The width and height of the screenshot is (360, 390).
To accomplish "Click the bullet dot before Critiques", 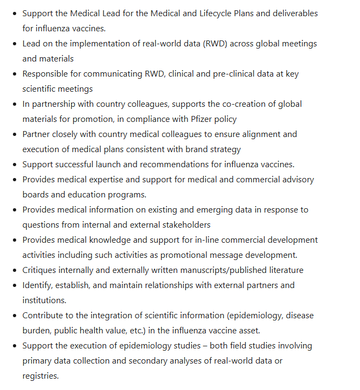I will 14,270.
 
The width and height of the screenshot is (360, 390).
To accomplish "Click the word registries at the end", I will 39,375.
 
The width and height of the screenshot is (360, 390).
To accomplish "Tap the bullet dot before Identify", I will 14,285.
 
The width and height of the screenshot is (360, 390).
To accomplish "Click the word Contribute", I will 44,315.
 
